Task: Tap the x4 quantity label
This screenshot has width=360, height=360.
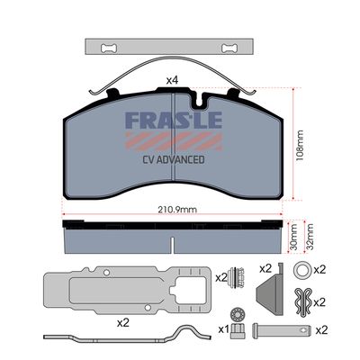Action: tap(171, 81)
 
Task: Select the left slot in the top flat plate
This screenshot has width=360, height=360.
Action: tap(110, 46)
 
